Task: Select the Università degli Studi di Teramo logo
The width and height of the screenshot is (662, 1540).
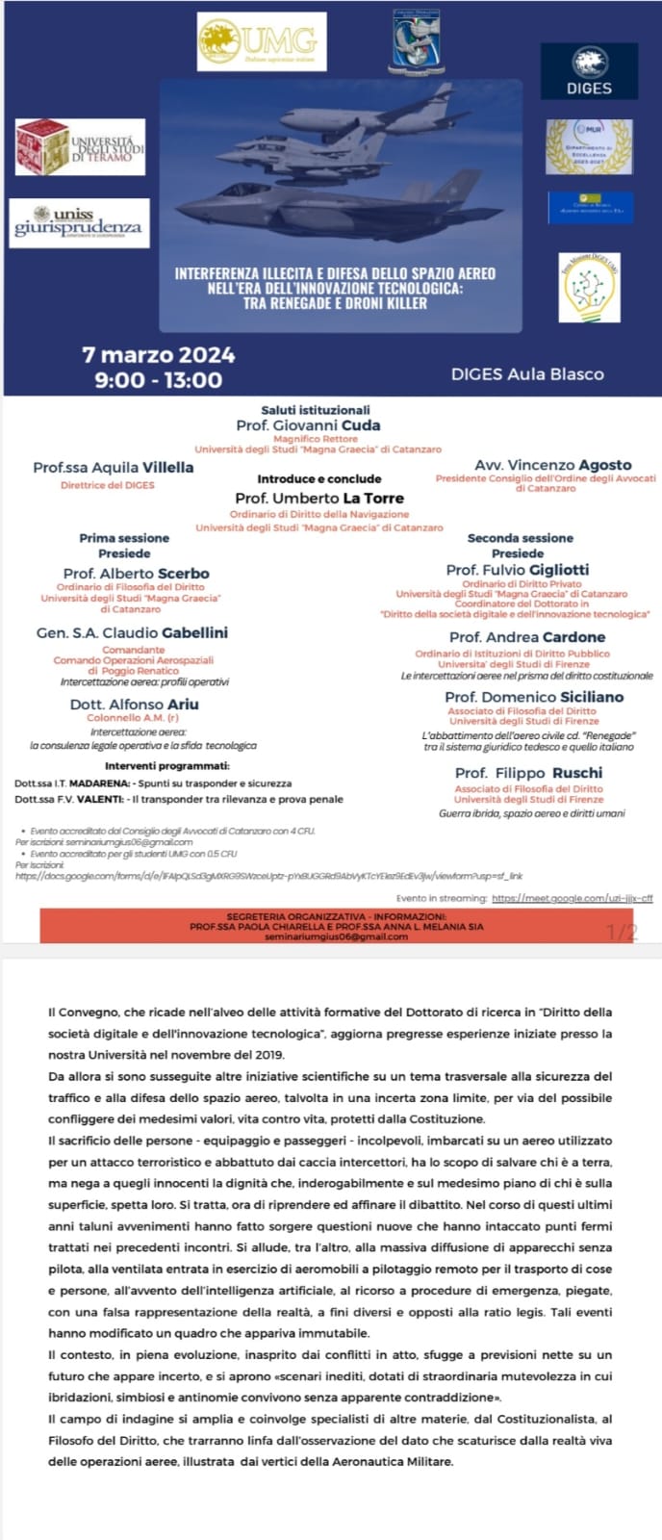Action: point(80,147)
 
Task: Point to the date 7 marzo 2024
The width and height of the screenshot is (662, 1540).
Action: point(159,355)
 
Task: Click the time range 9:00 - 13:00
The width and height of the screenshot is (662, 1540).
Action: point(158,379)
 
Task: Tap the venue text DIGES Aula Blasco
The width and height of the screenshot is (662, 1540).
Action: point(527,374)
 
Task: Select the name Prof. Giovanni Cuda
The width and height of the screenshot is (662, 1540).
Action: point(308,425)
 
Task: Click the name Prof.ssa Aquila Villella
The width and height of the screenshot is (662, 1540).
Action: point(114,468)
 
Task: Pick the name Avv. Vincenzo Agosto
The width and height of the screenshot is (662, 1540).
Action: point(552,465)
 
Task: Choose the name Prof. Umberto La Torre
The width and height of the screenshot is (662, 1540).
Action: point(319,499)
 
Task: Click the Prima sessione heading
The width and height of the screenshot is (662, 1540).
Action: point(124,538)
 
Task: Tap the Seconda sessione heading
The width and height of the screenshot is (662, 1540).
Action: point(520,538)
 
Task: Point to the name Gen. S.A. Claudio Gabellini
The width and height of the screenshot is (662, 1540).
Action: point(132,633)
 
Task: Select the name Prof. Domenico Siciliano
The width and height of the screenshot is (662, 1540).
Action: point(534,697)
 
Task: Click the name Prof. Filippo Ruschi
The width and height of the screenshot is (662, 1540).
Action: point(528,773)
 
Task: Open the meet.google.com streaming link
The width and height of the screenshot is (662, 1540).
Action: point(572,898)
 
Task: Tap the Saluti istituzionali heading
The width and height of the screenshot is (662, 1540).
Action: point(316,410)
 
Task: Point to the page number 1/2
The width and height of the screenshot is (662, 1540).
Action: point(622,931)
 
